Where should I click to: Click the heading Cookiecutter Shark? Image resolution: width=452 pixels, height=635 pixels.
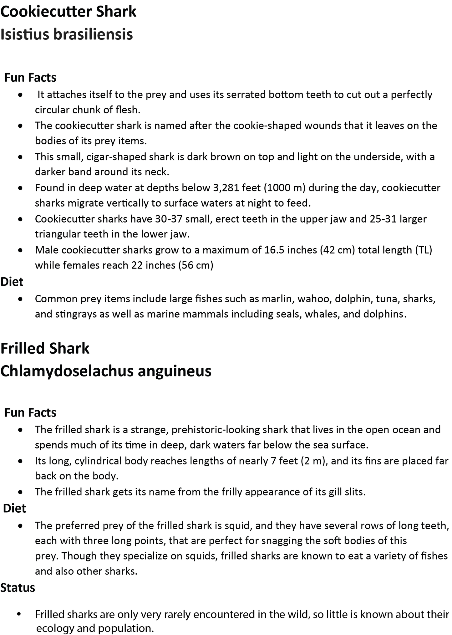pyautogui.click(x=68, y=12)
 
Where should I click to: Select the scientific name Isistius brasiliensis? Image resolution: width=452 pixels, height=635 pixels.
pyautogui.click(x=67, y=34)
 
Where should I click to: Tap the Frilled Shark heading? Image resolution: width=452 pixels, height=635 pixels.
pyautogui.click(x=45, y=348)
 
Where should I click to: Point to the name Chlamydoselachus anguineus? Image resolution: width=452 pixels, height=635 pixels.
pyautogui.click(x=106, y=371)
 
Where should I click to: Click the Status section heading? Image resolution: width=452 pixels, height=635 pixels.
pyautogui.click(x=18, y=588)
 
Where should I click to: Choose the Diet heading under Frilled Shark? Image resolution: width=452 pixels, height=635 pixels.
pyautogui.click(x=14, y=509)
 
